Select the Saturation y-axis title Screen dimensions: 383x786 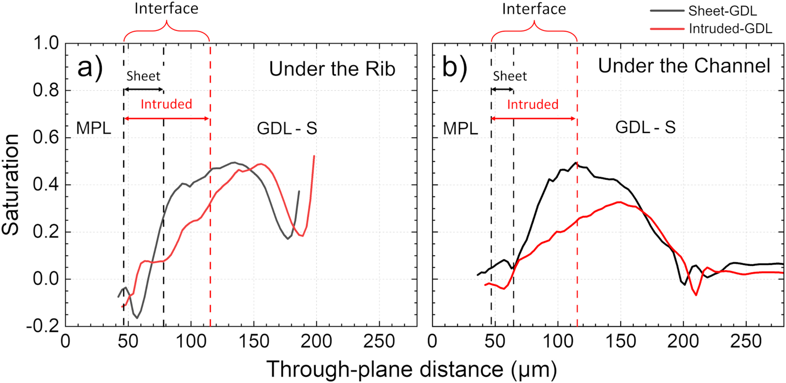click(x=10, y=185)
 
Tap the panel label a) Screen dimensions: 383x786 click(x=90, y=67)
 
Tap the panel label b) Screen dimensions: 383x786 click(x=454, y=67)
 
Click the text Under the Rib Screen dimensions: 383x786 click(x=332, y=69)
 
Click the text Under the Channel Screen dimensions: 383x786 click(x=684, y=66)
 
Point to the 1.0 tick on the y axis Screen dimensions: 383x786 click(x=46, y=43)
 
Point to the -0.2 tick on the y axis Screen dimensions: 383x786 click(x=43, y=326)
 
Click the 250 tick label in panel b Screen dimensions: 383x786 click(x=746, y=341)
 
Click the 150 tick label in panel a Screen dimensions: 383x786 click(x=254, y=341)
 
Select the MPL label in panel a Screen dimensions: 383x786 click(x=93, y=128)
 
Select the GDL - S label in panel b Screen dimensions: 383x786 click(x=645, y=127)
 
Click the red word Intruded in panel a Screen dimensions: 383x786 click(x=166, y=104)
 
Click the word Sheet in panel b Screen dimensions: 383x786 click(x=510, y=76)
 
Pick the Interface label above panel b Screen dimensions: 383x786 click(x=534, y=9)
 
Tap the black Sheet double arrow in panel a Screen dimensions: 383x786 click(x=143, y=89)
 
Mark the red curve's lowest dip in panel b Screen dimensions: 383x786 click(x=696, y=295)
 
